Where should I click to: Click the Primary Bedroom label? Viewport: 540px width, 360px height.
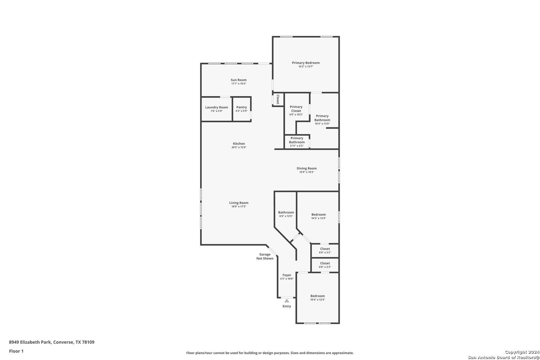click(306, 63)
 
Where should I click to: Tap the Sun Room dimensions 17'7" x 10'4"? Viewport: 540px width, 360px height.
click(239, 84)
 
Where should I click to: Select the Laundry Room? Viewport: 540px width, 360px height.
click(217, 109)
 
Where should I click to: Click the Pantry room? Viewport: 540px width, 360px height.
click(242, 109)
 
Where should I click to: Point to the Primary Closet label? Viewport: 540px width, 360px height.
click(296, 109)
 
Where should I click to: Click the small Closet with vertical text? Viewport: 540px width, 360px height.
click(278, 99)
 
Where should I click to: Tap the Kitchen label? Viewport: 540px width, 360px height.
click(239, 144)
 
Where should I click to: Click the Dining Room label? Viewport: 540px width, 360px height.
click(307, 168)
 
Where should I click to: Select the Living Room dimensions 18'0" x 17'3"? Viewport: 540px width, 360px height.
click(239, 207)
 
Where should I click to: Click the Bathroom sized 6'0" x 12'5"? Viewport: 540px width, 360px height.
click(286, 214)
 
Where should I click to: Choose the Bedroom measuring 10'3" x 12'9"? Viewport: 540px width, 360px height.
click(319, 216)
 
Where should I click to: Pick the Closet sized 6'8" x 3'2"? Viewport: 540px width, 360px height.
click(325, 250)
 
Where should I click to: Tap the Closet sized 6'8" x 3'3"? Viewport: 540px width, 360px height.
click(325, 265)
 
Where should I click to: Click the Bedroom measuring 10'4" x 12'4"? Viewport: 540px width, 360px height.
click(318, 298)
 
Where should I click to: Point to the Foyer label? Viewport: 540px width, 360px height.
click(287, 275)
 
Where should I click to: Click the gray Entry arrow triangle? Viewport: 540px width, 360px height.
click(287, 301)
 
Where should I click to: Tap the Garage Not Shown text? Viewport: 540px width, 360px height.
click(265, 256)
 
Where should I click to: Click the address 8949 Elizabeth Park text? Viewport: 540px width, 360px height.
click(30, 342)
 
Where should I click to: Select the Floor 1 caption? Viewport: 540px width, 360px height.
click(16, 351)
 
